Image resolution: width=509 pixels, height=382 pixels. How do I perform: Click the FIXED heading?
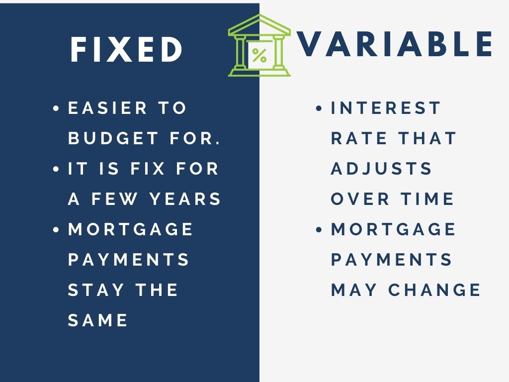click(x=126, y=49)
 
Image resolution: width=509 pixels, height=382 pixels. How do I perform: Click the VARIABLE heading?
click(x=395, y=44)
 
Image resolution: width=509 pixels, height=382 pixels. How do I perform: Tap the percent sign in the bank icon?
click(x=259, y=56)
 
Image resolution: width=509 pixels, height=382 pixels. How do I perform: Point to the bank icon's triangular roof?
click(x=259, y=25)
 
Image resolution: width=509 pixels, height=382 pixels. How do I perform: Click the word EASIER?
click(x=107, y=108)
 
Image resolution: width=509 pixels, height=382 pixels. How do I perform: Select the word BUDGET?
click(x=113, y=138)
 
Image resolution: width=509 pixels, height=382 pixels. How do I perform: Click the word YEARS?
click(x=185, y=199)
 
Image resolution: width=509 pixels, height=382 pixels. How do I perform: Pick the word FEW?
click(x=114, y=199)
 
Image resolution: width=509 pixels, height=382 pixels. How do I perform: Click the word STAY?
click(x=96, y=290)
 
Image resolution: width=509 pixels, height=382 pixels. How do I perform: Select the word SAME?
click(x=98, y=320)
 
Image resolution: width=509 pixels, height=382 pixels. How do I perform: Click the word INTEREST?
click(x=386, y=108)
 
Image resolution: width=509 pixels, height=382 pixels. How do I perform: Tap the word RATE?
click(x=359, y=138)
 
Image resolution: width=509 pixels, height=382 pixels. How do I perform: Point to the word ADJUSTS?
click(x=381, y=169)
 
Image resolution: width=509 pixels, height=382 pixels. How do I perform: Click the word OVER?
click(x=360, y=199)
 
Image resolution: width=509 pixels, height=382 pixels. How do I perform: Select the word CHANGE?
click(x=434, y=290)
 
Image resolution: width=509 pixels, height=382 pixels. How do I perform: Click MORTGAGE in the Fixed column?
click(x=131, y=229)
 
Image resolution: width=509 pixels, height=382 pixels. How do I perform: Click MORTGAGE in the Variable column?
click(x=394, y=229)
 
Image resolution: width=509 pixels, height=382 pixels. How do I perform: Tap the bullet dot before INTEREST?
click(x=319, y=108)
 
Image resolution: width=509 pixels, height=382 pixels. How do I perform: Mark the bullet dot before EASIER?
click(x=56, y=108)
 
